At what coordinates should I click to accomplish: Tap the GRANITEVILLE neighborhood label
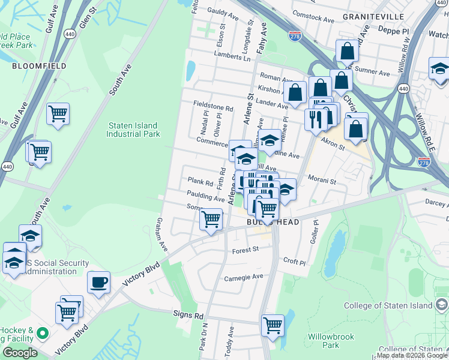pos(370,17)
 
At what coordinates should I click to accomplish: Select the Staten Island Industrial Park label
pos(133,130)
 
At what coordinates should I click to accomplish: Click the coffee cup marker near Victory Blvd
pos(98,282)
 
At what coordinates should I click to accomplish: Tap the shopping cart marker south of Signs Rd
pos(273,326)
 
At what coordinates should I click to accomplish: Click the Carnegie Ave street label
pos(244,277)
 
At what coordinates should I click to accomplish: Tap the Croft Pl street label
pos(294,262)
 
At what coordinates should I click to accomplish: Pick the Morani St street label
pos(322,179)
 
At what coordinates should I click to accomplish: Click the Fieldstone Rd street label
pos(212,104)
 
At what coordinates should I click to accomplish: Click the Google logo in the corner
pos(20,353)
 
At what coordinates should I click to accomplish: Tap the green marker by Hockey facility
pos(43,332)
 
